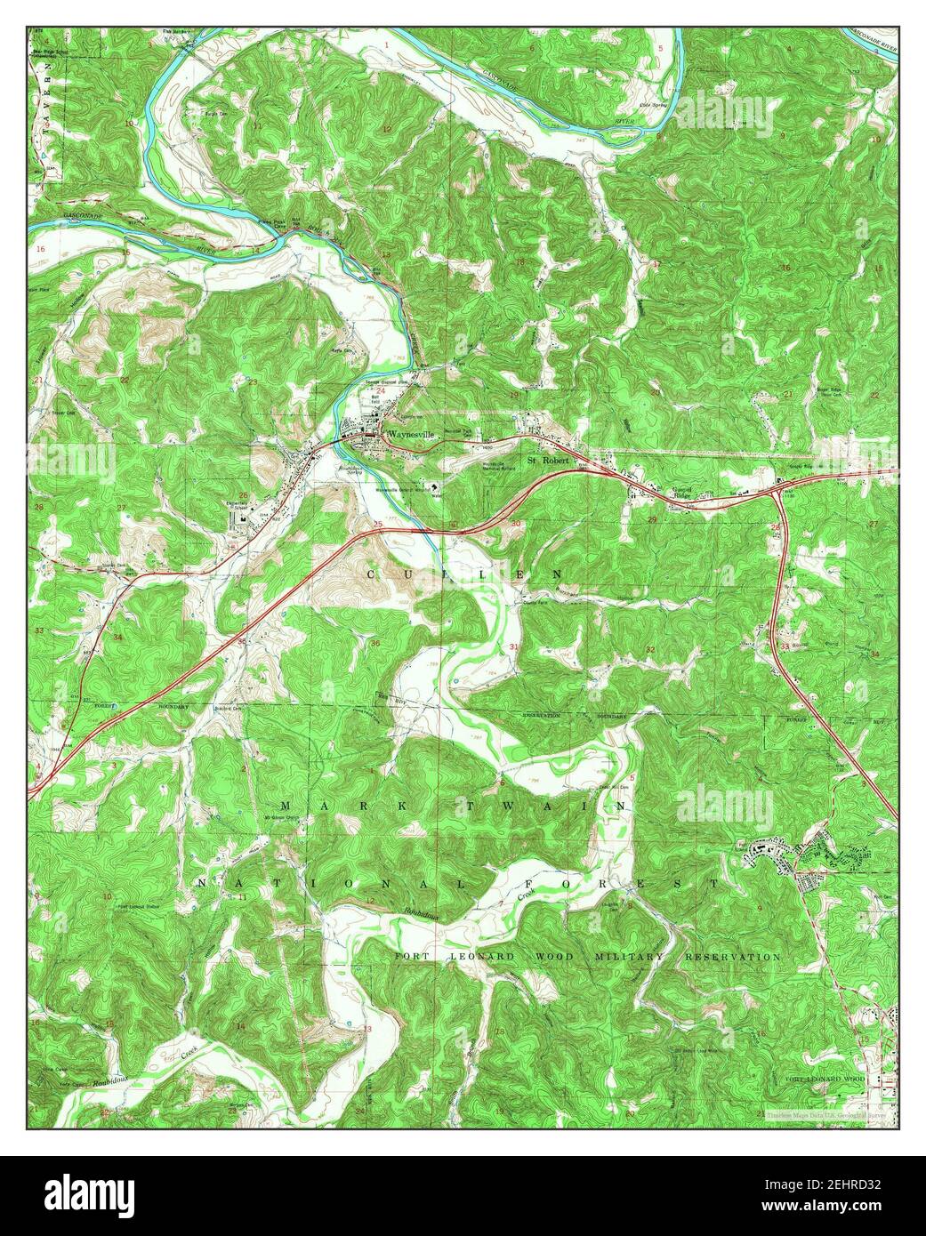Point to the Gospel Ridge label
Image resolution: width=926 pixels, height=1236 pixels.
(x=681, y=492)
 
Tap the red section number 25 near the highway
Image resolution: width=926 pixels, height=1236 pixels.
(x=377, y=524)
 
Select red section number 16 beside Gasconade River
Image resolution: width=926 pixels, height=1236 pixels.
(x=41, y=249)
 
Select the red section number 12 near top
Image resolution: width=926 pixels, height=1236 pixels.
(x=387, y=130)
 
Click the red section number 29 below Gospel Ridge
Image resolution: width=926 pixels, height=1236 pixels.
(x=652, y=519)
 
